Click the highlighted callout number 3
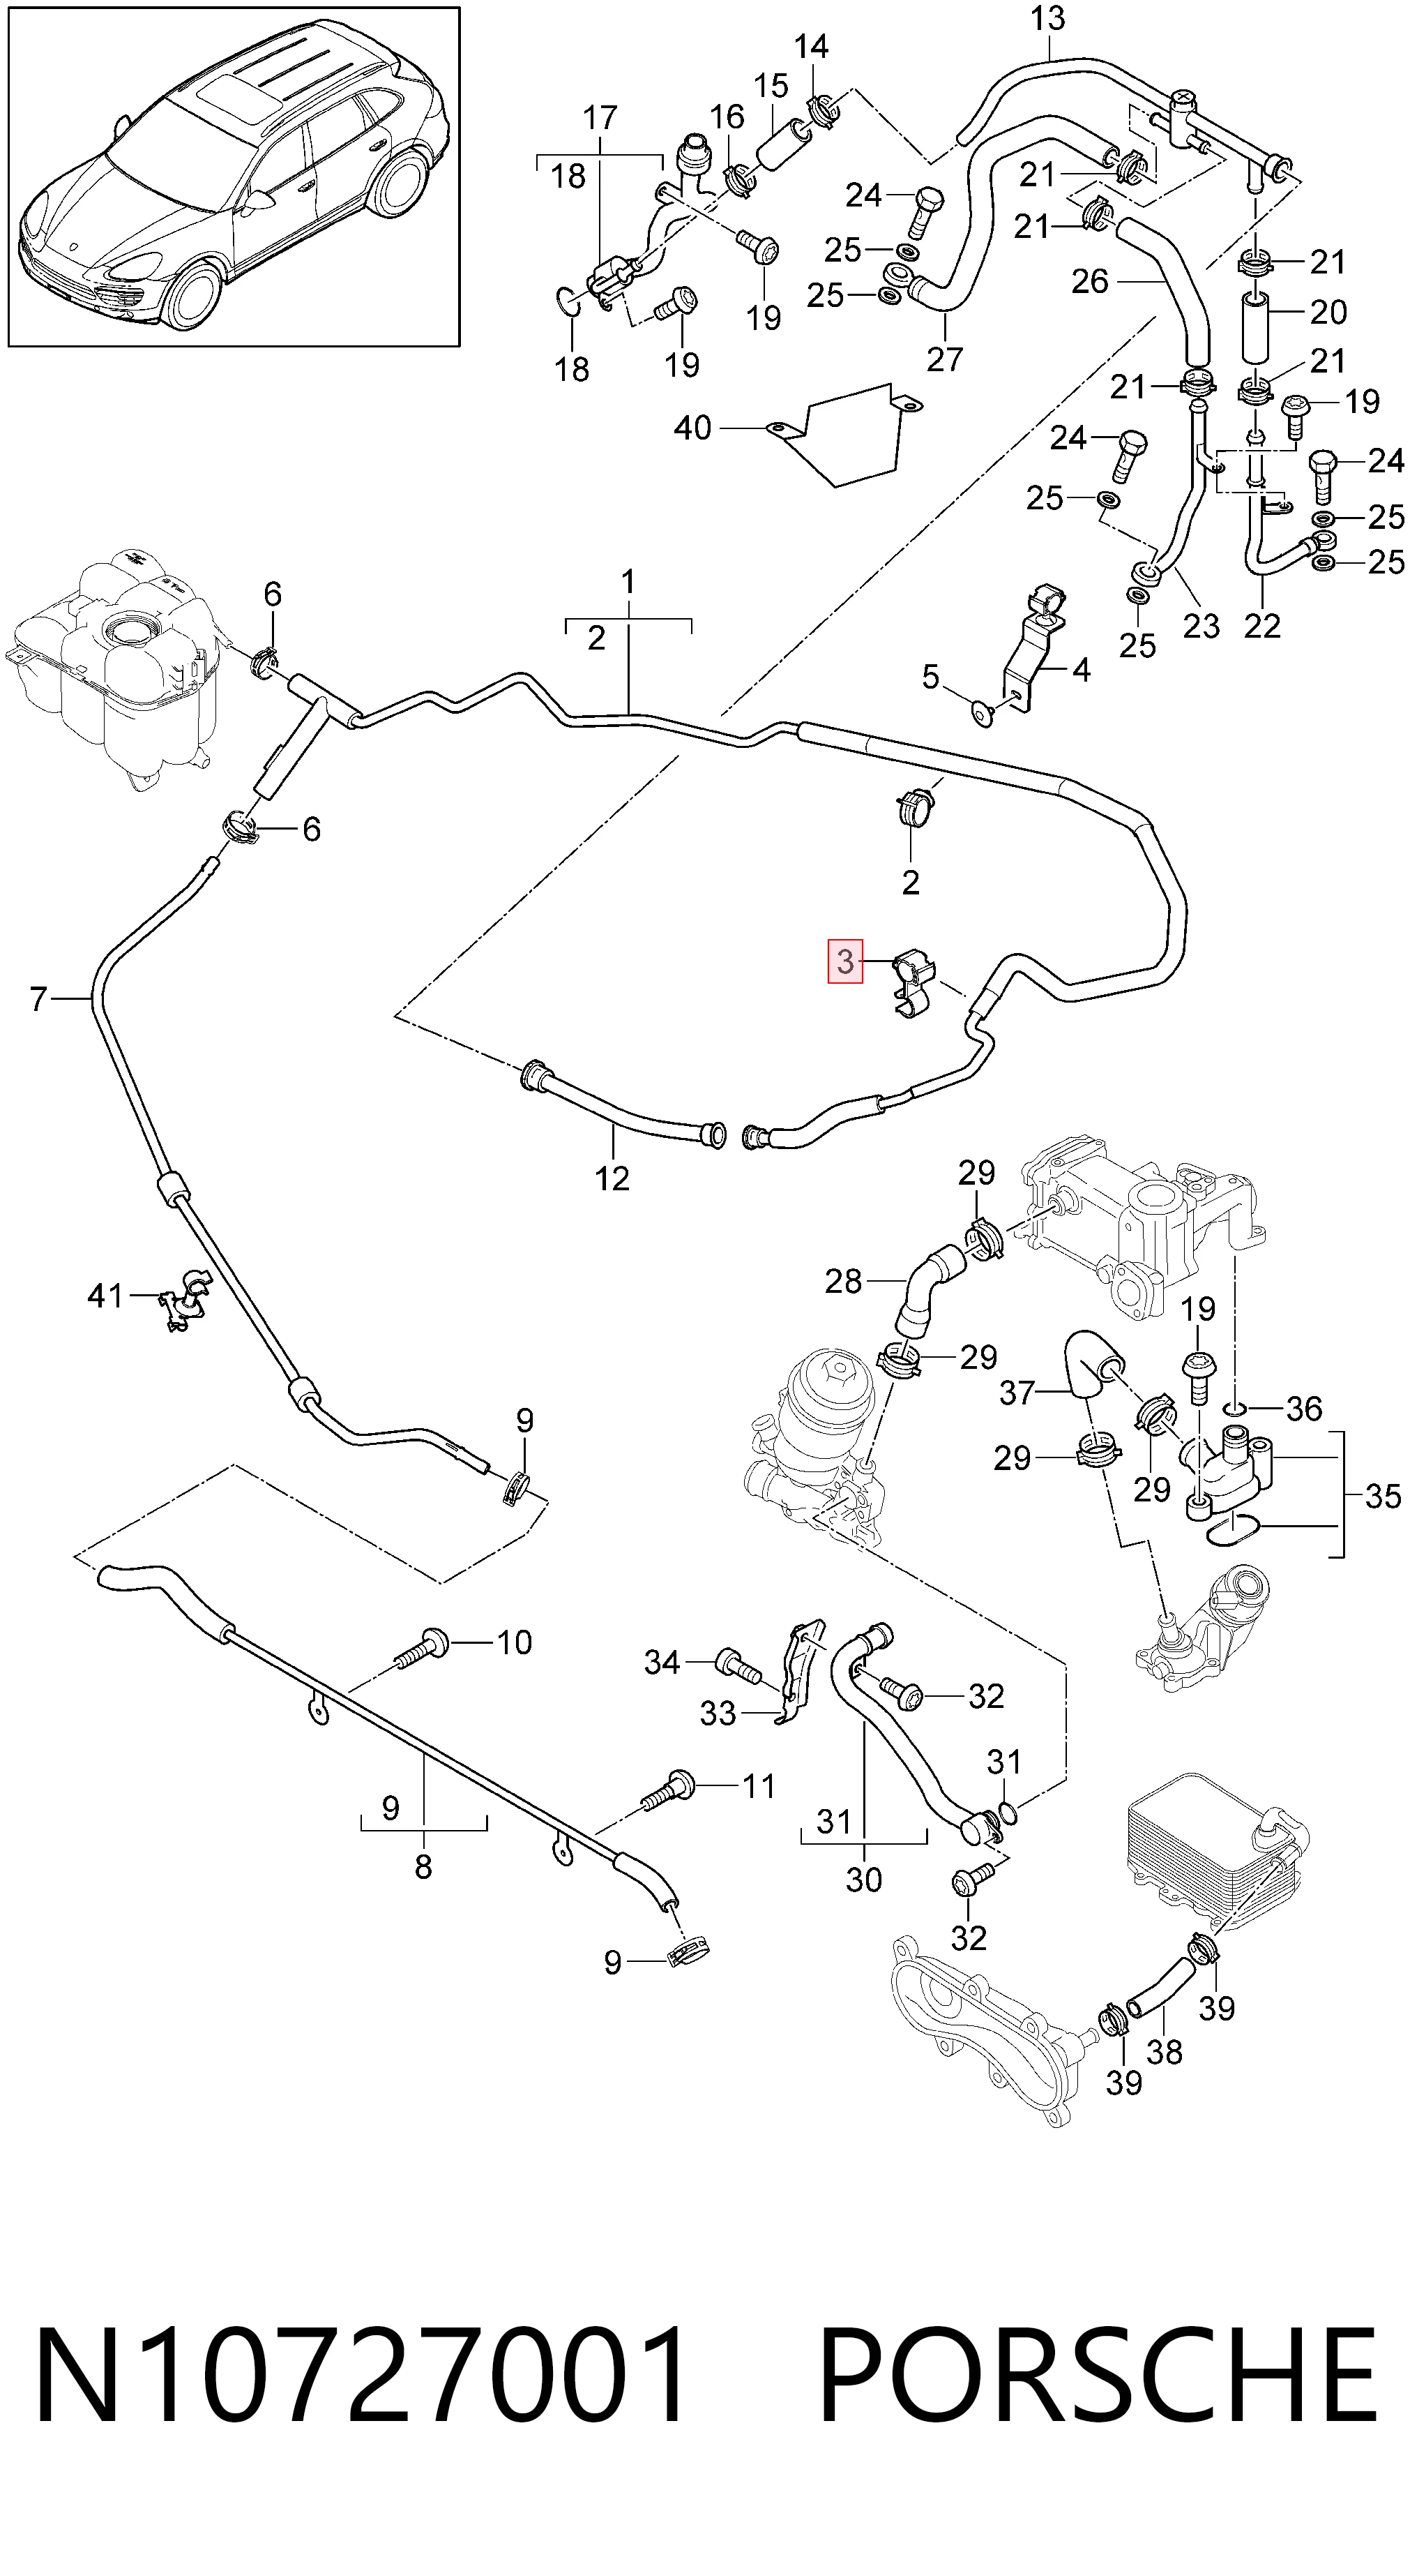point(845,962)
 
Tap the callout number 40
point(692,428)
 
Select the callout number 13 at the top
point(1048,19)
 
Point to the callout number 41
point(105,1296)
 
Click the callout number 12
point(612,1178)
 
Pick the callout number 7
point(38,998)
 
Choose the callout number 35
point(1383,1496)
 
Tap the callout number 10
point(514,1642)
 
